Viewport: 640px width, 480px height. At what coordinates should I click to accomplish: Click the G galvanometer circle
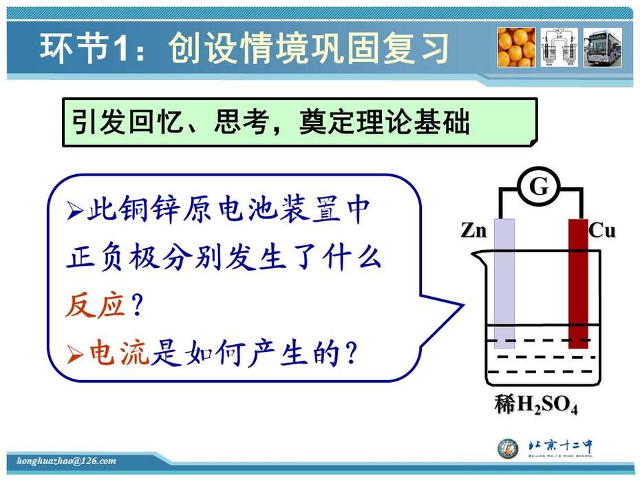539,187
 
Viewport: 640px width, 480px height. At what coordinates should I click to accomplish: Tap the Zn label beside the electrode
474,231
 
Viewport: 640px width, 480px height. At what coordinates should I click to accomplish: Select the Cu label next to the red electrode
601,231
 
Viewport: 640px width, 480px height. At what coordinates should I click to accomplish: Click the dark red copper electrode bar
578,284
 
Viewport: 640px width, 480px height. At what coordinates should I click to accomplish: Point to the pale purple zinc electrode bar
504,284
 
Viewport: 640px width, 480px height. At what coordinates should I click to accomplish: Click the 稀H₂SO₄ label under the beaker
536,405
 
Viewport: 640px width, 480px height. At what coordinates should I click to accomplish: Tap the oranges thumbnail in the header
516,48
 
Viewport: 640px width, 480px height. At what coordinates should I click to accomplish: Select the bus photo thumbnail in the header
602,48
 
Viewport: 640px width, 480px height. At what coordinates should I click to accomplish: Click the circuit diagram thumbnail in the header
559,48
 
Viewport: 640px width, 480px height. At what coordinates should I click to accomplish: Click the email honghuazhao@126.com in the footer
67,461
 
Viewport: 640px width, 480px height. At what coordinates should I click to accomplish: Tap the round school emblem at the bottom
508,448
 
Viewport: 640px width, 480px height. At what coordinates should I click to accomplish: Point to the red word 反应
95,305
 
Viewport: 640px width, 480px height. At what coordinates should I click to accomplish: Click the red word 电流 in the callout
120,353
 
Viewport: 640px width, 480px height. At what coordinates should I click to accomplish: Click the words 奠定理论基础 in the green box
385,121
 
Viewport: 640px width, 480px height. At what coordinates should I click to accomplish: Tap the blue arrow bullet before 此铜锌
75,211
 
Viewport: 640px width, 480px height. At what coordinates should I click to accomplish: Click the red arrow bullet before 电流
75,354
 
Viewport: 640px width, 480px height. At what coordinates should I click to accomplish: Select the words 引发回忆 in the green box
127,121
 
